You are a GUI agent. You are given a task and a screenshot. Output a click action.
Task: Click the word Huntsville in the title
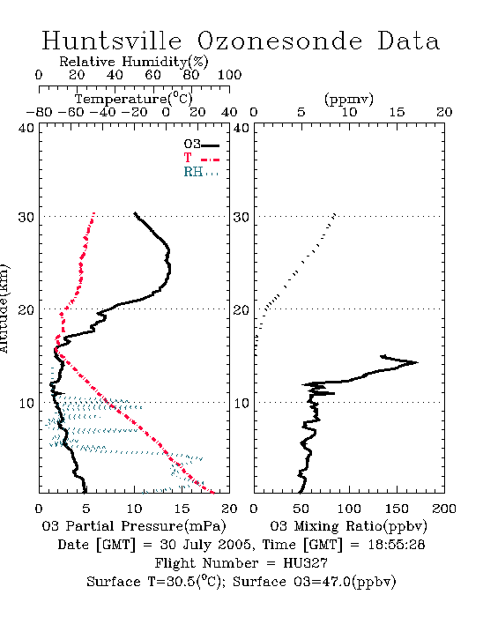coord(112,41)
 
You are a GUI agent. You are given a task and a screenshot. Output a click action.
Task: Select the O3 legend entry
coord(201,145)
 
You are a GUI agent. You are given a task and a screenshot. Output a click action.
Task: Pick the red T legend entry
coord(201,159)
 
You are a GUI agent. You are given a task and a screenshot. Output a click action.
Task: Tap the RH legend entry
coord(201,172)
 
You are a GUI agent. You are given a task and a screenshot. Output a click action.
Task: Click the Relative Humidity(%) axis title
coord(134,62)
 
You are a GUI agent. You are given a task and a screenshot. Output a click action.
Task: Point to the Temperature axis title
coord(133,99)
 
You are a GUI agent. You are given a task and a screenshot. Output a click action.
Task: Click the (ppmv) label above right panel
coord(349,99)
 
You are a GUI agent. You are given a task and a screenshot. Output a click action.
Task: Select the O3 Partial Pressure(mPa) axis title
coord(134,526)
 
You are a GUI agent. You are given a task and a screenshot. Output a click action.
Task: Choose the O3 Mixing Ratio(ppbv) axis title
coord(348,526)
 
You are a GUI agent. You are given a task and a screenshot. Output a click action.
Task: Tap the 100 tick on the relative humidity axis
coord(229,75)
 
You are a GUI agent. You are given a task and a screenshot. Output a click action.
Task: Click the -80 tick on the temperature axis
coord(39,112)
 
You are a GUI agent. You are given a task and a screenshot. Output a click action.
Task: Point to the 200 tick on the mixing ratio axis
coord(444,509)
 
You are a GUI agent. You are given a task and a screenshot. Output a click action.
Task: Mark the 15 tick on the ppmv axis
coord(397,112)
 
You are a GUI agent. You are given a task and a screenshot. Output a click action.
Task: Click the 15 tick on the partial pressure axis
coord(182,509)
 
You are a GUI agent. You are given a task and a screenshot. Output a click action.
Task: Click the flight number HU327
coord(305,563)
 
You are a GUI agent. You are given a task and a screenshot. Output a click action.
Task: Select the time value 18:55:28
coord(397,545)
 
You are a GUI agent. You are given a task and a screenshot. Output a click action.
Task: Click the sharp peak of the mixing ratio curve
coord(417,362)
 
